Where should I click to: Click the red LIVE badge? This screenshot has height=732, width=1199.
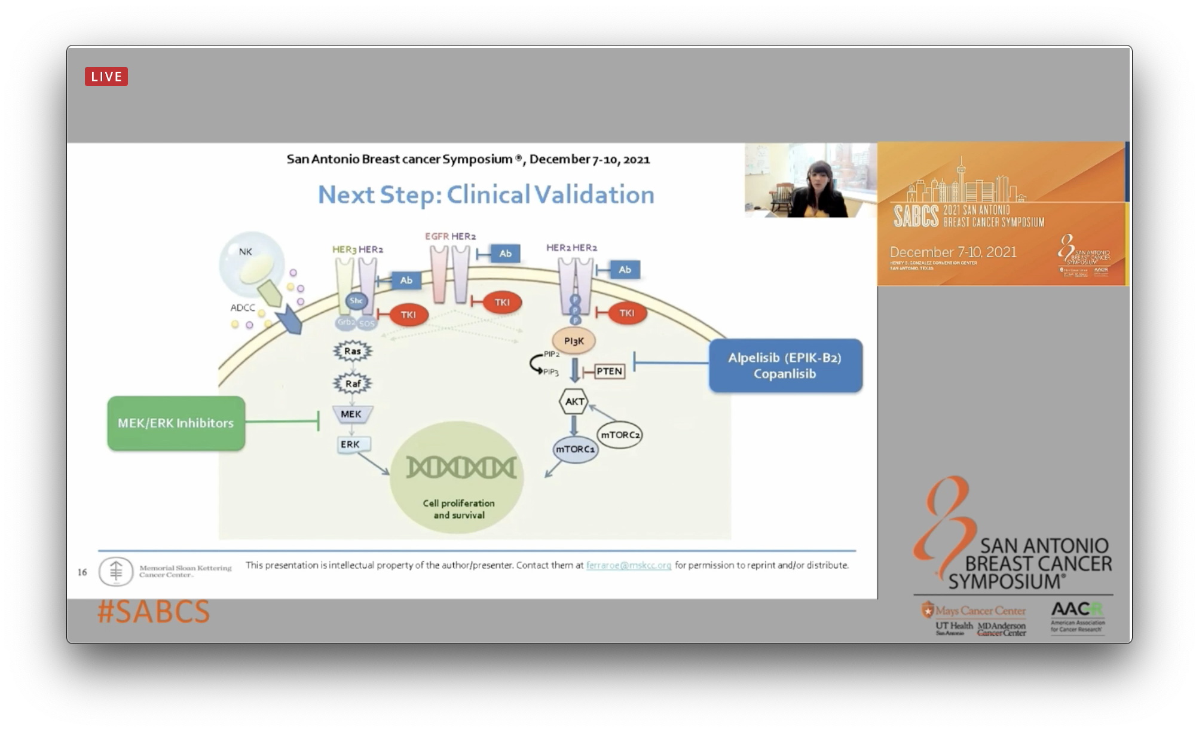tap(106, 77)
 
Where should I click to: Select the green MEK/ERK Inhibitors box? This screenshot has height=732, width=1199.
tap(176, 423)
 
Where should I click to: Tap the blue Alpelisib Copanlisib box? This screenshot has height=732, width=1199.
tap(785, 365)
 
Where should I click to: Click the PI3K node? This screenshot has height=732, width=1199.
tap(574, 341)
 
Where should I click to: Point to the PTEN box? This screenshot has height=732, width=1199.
tap(609, 371)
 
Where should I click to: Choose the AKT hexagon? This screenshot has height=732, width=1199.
tap(574, 401)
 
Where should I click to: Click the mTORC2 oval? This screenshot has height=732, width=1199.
tap(620, 435)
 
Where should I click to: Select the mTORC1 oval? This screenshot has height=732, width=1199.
tap(575, 449)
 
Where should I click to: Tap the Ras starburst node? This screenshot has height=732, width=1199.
tap(353, 351)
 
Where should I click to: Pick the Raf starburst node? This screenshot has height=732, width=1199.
tap(353, 383)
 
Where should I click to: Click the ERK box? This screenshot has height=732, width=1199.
tap(350, 444)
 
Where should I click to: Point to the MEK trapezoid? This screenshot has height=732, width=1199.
tap(351, 414)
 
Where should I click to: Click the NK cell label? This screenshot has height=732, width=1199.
tap(246, 252)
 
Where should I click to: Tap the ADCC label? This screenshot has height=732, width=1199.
tap(243, 308)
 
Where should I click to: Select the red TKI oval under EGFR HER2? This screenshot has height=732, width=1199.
tap(502, 303)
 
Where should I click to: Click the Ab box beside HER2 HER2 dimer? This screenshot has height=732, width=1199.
tap(625, 270)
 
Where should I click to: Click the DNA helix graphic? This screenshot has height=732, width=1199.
tap(460, 467)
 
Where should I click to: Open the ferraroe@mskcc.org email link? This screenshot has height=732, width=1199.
tap(628, 565)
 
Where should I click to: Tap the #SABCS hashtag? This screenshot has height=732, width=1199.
tap(154, 612)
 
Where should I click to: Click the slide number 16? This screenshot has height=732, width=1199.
tap(82, 572)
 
